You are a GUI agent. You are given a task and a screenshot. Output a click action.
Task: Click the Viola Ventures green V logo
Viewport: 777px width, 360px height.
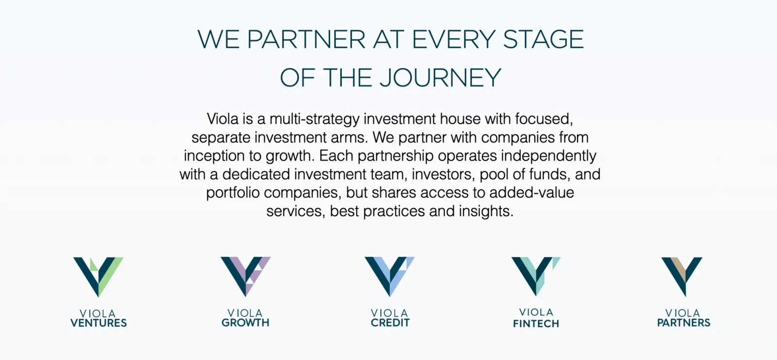coord(99,276)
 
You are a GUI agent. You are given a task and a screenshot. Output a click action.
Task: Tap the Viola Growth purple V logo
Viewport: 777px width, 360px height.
coord(245,276)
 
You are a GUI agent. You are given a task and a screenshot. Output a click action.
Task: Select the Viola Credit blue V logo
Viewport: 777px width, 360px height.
coord(389,276)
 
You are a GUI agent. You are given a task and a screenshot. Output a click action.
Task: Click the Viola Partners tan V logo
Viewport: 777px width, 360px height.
coord(682,276)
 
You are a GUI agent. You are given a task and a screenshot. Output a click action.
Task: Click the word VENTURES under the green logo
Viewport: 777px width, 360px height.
coord(99,323)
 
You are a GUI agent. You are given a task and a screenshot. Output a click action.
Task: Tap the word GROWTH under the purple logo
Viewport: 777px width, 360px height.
coord(245,323)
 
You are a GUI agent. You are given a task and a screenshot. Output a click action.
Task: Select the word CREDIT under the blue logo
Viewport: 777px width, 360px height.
coord(390,323)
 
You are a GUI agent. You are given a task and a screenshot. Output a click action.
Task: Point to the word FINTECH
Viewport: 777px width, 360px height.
coord(536,324)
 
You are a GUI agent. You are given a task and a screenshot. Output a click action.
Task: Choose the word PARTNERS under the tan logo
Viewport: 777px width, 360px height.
coord(683,323)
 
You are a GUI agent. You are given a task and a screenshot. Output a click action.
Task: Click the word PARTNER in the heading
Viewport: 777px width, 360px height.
coord(306,39)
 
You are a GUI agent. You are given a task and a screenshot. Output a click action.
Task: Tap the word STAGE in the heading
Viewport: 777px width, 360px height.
coord(543,39)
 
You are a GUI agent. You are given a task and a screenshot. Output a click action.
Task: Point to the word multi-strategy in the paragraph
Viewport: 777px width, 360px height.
coord(314,119)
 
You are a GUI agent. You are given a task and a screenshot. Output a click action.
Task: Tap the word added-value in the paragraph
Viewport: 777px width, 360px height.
coord(531,193)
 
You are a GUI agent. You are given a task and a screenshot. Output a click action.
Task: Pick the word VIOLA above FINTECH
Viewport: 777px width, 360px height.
coord(536,312)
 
